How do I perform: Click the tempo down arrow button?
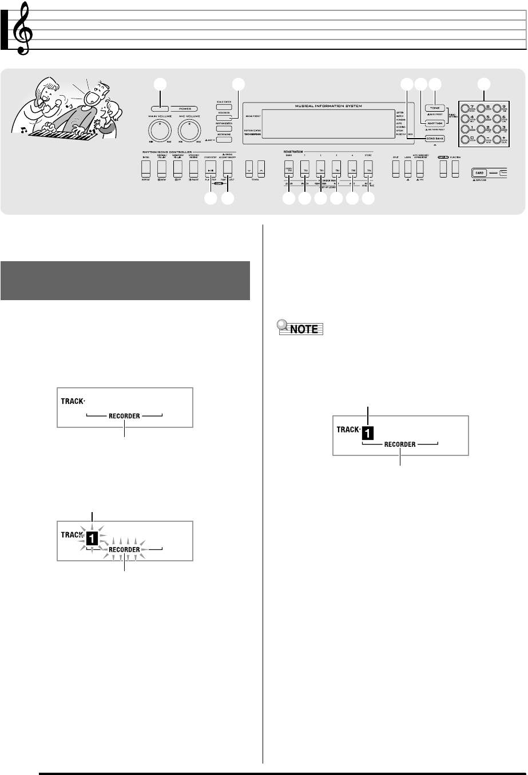pyautogui.click(x=249, y=167)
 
